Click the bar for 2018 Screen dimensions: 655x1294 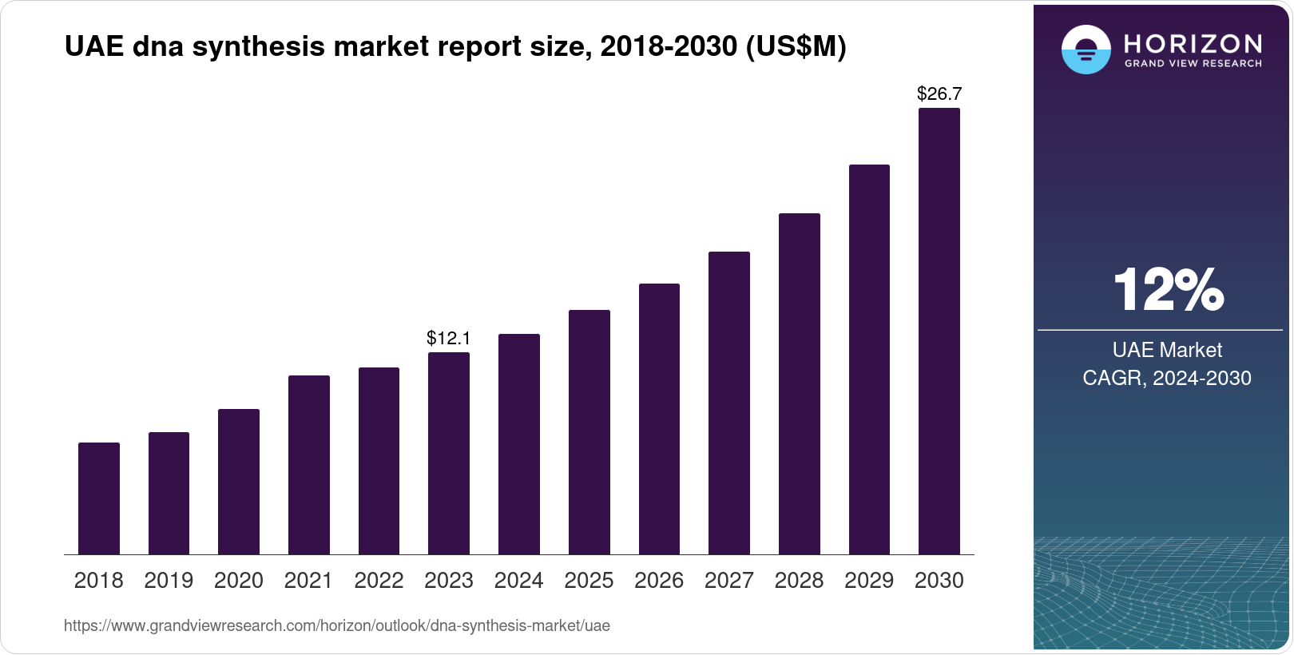tap(99, 498)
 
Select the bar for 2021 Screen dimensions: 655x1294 tap(309, 465)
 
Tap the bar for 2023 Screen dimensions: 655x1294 tap(449, 453)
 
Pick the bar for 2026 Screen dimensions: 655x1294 tap(659, 419)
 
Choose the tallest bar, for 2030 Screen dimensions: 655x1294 tap(939, 331)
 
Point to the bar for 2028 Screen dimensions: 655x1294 tap(800, 383)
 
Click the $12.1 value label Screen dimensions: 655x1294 tap(449, 338)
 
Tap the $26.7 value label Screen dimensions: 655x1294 tap(939, 93)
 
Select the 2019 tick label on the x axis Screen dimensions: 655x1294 tap(169, 581)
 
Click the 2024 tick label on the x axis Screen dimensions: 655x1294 tap(519, 581)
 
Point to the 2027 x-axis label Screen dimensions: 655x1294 tap(729, 581)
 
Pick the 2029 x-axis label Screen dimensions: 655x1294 tap(869, 581)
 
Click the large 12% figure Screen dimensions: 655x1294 tap(1168, 290)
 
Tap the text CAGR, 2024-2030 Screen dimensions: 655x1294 tap(1167, 378)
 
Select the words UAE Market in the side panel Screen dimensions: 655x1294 tap(1167, 350)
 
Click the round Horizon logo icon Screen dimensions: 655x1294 tap(1086, 50)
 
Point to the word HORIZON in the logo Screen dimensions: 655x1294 tap(1193, 43)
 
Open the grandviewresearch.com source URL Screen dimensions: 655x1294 tap(336, 626)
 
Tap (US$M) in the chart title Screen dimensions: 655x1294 tap(796, 47)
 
